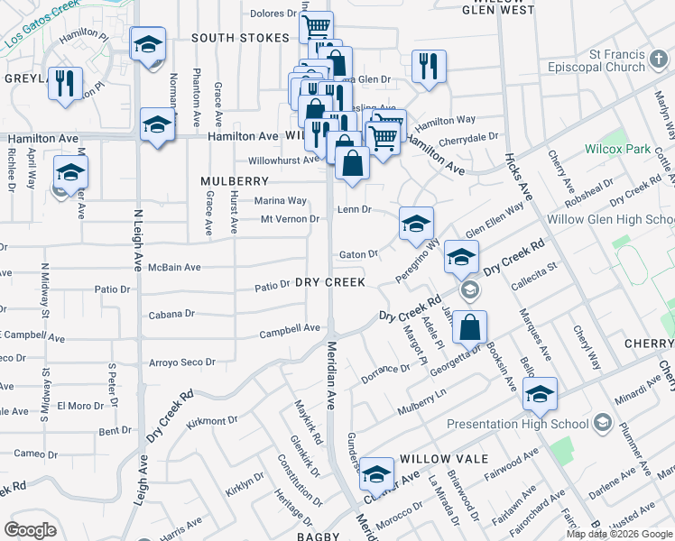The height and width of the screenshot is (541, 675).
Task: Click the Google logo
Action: [x=31, y=530]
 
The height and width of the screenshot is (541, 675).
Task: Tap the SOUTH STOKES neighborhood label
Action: [x=240, y=38]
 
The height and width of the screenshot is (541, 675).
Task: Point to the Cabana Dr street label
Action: [x=171, y=315]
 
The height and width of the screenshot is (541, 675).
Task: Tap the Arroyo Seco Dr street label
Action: [x=182, y=362]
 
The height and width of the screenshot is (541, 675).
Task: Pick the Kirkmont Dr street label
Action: [x=210, y=420]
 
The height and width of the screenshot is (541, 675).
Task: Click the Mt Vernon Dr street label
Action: [x=291, y=219]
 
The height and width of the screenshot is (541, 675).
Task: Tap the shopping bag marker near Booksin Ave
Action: [x=470, y=327]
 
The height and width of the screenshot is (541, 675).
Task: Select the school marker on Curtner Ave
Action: [x=376, y=473]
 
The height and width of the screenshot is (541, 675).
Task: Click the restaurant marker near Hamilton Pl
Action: [x=63, y=84]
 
